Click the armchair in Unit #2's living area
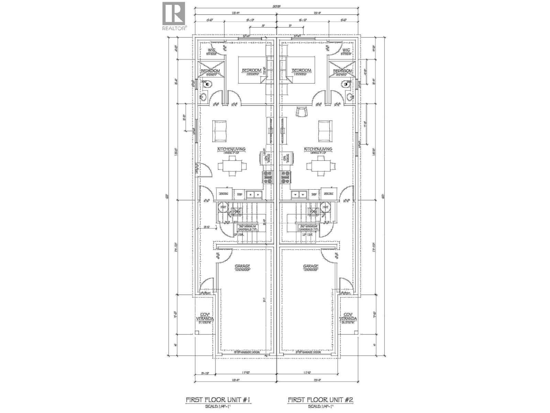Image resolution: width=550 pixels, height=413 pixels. point(301,113)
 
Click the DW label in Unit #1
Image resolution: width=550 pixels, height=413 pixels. point(240,194)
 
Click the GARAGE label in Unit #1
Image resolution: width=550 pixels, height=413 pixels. point(242,266)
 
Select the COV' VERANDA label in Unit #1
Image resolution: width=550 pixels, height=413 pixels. point(205,317)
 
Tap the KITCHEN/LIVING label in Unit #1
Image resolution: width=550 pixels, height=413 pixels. point(231,149)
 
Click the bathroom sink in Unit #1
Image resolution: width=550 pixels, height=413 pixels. point(203,97)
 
